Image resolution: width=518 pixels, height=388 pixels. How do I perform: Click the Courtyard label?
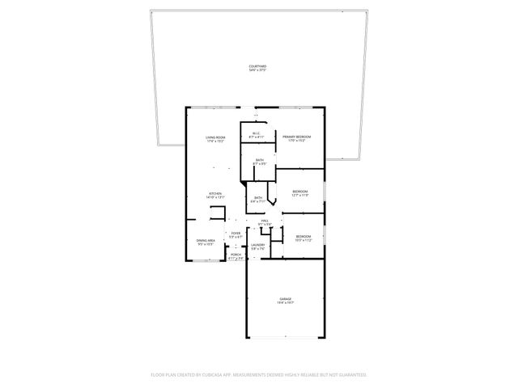pos(258,66)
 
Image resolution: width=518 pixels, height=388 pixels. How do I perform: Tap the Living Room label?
pos(215,137)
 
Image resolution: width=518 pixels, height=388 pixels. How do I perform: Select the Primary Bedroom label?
pos(297,137)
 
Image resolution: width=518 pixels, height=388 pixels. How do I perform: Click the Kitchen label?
pos(215,193)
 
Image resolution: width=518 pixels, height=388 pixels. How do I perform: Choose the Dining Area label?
pos(206,240)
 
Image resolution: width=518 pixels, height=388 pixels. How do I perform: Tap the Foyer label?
pos(236,234)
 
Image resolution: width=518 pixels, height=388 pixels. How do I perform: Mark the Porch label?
pos(236,255)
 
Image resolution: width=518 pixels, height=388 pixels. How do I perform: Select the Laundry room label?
pos(258,245)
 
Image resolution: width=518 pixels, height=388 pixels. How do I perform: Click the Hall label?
pos(264,221)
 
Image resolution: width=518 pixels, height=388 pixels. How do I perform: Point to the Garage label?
pos(286,299)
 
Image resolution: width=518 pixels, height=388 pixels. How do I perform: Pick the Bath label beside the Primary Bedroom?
pos(259,160)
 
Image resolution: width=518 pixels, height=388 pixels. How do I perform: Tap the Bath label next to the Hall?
pos(258,198)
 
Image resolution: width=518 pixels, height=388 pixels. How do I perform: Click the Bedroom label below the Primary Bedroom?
pos(300,192)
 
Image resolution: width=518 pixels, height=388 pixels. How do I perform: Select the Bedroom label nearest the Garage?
pos(303,236)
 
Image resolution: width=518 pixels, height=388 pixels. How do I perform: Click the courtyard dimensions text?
pos(258,70)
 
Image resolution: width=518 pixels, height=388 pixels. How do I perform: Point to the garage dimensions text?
pos(286,303)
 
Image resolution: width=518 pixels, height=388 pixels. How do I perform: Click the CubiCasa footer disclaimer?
pos(259,374)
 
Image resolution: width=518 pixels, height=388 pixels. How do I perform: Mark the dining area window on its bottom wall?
pos(206,261)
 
